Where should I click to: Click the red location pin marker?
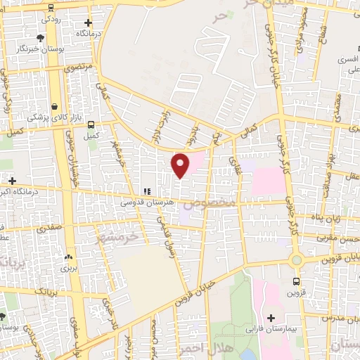point(181,165)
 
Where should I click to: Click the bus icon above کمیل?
point(91,124)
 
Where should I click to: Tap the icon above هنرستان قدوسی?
point(147,191)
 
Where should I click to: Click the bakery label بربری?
point(67,268)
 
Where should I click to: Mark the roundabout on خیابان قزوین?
point(297,260)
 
